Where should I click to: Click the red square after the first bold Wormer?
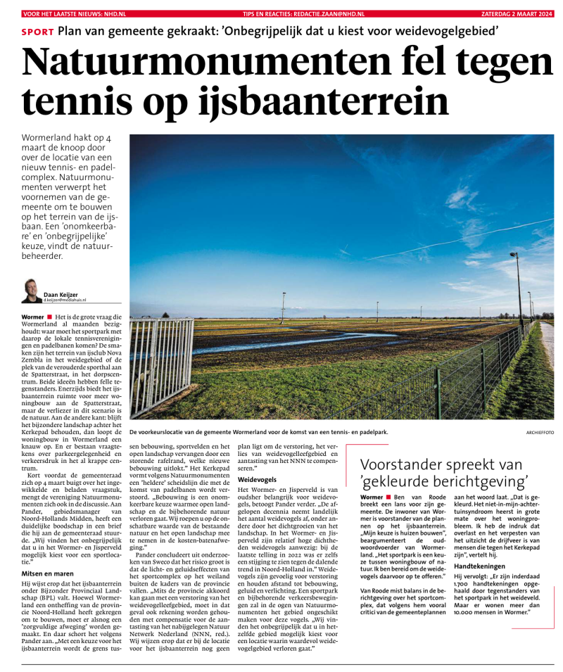pos(49,317)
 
